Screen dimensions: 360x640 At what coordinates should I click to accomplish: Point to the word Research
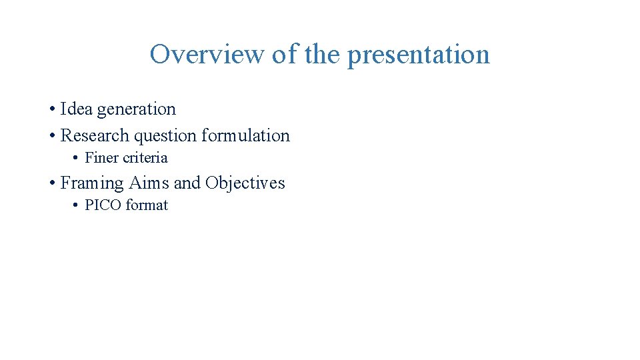click(95, 135)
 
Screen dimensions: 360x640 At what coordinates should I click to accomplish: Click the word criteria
click(145, 158)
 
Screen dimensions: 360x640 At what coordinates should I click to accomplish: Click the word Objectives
click(245, 183)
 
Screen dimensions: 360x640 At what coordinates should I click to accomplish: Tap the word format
click(147, 205)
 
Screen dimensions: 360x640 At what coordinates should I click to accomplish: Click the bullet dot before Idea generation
click(51, 109)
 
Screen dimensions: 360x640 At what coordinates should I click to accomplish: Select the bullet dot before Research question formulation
click(51, 136)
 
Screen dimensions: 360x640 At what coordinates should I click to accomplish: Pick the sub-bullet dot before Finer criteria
click(75, 159)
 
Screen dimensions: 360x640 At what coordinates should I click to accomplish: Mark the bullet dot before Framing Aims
click(51, 183)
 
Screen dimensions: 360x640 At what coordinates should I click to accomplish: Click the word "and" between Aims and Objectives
click(187, 183)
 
